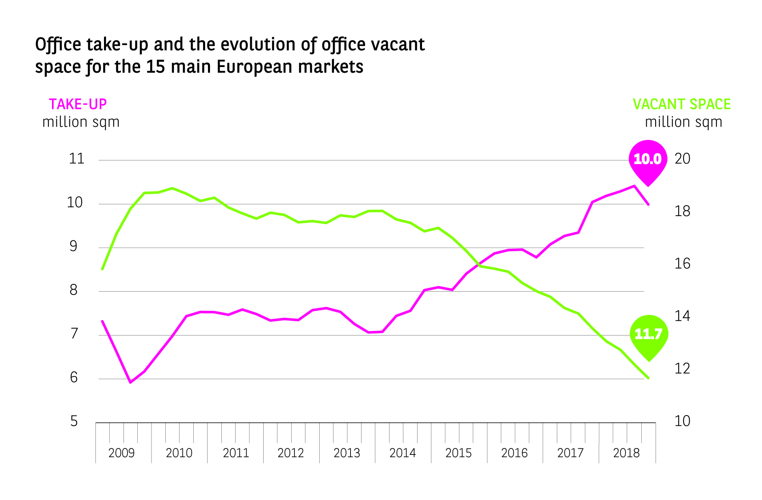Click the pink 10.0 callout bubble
pos(648,159)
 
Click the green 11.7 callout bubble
pos(648,334)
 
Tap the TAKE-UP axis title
pos(78,104)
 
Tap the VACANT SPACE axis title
pos(682,104)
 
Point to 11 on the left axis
pos(76,159)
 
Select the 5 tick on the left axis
pos(74,421)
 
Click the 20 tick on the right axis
pos(682,159)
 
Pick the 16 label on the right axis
pos(682,264)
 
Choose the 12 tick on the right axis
pos(682,368)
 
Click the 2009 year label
pos(121,453)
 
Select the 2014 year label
pos(403,453)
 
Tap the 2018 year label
pos(626,453)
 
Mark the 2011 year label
pos(236,453)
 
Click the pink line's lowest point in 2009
pos(130,382)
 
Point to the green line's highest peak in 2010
pos(172,188)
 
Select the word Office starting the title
pos(58,44)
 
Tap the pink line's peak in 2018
pos(634,186)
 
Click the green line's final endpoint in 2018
pos(649,378)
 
